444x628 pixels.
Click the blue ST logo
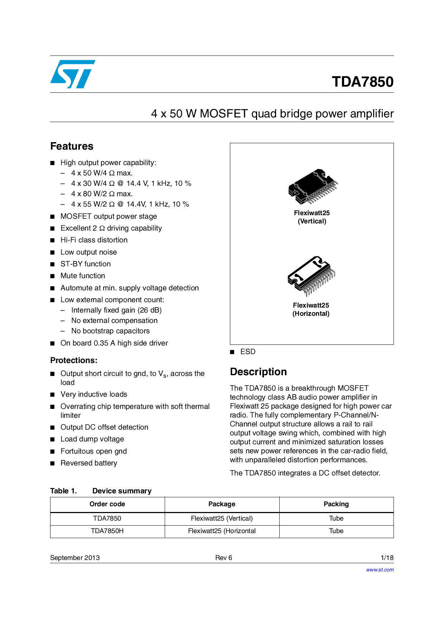[x=73, y=74]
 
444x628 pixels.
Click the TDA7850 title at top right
[x=362, y=82]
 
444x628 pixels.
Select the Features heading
[x=72, y=146]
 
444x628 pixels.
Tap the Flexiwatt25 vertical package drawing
[x=313, y=186]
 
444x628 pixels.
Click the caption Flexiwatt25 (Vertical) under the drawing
[x=312, y=217]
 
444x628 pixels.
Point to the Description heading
[x=258, y=372]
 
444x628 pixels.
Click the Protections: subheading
[x=74, y=361]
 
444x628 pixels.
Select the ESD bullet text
[x=248, y=352]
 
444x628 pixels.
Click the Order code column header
[x=107, y=504]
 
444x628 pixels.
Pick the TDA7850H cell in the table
[x=107, y=531]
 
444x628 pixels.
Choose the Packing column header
[x=336, y=504]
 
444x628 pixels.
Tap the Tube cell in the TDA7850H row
[x=336, y=531]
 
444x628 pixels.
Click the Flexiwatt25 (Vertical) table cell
[x=222, y=518]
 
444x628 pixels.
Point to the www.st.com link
[x=380, y=570]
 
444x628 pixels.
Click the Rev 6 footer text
[x=223, y=558]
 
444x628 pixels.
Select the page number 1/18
[x=387, y=558]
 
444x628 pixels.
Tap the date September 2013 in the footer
[x=75, y=558]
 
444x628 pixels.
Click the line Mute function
[x=83, y=276]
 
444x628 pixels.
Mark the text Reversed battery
[x=89, y=463]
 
